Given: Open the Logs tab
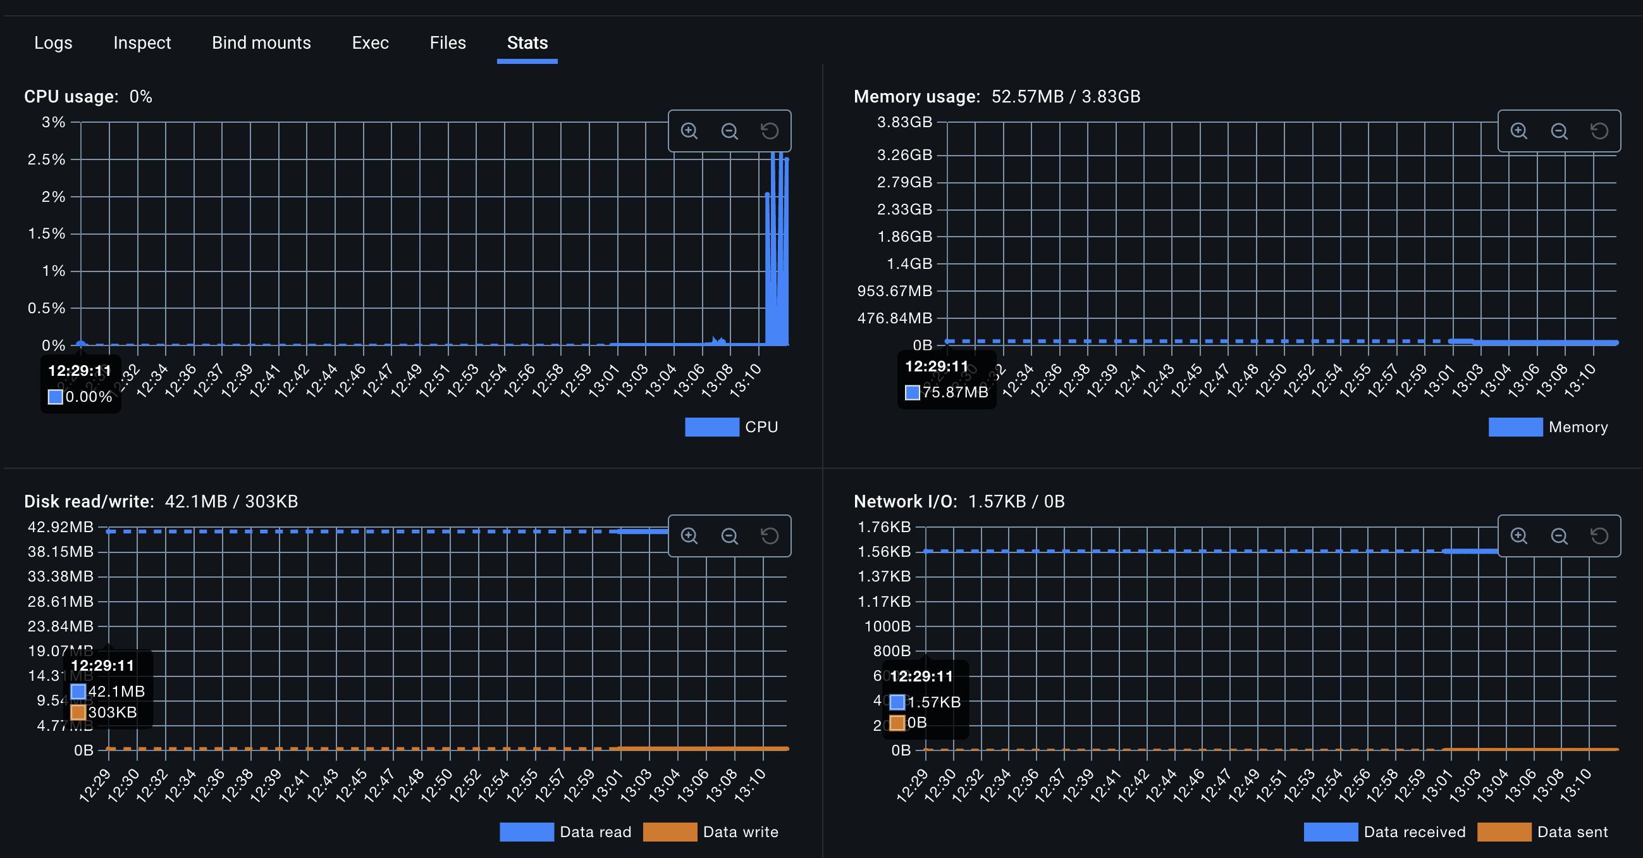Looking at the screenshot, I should tap(53, 43).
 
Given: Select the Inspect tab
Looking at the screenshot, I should tap(142, 43).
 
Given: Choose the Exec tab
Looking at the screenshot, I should tap(370, 43).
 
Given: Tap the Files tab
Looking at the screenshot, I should tap(447, 43).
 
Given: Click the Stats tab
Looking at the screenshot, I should tap(527, 43).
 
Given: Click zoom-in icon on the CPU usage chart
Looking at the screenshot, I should tap(689, 131).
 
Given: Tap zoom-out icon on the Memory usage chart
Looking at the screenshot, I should tap(1559, 131).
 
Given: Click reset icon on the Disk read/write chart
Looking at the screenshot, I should tap(769, 536).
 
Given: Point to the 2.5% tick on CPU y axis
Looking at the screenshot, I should tap(47, 159).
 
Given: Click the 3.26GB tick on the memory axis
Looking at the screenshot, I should tap(904, 155).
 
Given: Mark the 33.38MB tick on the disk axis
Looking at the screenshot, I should tap(60, 576).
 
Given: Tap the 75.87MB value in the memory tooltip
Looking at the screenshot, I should tap(954, 392).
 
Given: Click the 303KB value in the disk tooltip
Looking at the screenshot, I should tap(113, 712).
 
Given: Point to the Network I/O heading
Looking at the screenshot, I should tap(904, 501).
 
